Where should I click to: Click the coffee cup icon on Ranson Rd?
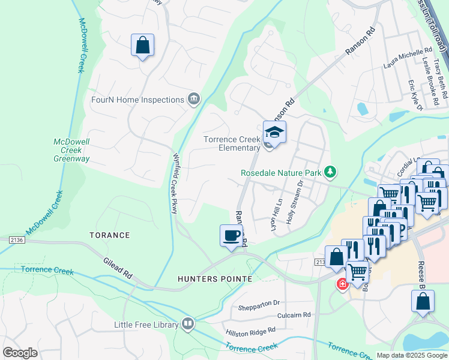click(x=231, y=235)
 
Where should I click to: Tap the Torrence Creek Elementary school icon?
click(x=274, y=133)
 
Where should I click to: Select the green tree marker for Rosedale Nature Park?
click(x=330, y=172)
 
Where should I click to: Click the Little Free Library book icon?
click(x=188, y=325)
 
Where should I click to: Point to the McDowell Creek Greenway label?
click(x=71, y=150)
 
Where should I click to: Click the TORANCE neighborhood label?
click(x=110, y=235)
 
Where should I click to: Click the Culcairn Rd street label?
click(x=294, y=314)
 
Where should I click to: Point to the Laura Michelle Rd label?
click(x=407, y=58)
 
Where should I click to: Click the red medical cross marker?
click(x=342, y=284)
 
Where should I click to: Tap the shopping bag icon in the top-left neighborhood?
click(x=143, y=45)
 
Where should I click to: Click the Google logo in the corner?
click(x=20, y=353)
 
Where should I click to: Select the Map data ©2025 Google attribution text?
click(x=411, y=355)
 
